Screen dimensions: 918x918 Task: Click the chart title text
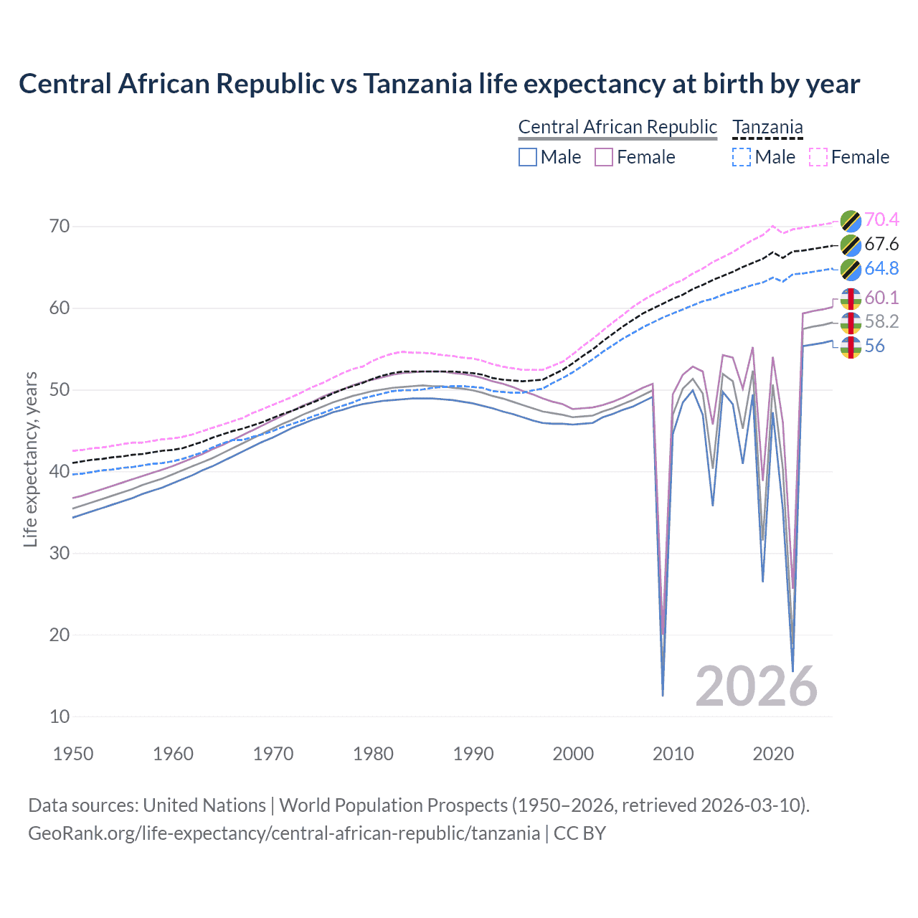pos(439,84)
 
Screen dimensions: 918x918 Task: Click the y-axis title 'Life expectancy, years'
pos(30,459)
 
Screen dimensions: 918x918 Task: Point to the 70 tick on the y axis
pos(60,227)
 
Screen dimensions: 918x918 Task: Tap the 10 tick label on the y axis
pos(60,716)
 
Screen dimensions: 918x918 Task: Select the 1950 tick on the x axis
pos(74,754)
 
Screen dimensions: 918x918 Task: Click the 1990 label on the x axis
pos(473,754)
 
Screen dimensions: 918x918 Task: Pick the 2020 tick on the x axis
pos(773,754)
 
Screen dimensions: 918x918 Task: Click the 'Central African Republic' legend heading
pos(617,127)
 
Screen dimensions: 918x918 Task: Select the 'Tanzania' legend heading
pos(767,127)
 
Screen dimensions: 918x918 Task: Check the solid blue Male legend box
pos(528,157)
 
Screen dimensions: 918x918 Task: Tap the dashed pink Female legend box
pos(818,157)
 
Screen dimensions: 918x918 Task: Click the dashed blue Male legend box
pos(742,157)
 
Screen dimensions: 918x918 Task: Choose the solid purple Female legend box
pos(604,157)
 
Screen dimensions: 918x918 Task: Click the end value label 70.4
pos(881,219)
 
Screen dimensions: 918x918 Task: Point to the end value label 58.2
pos(881,321)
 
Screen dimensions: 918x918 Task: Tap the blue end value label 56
pos(874,346)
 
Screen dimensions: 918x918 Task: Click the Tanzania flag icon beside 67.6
pos(851,245)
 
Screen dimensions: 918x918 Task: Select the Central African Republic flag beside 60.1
pos(851,298)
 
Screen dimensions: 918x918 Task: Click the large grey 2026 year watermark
pos(756,686)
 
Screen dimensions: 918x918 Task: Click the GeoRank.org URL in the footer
pos(284,833)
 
